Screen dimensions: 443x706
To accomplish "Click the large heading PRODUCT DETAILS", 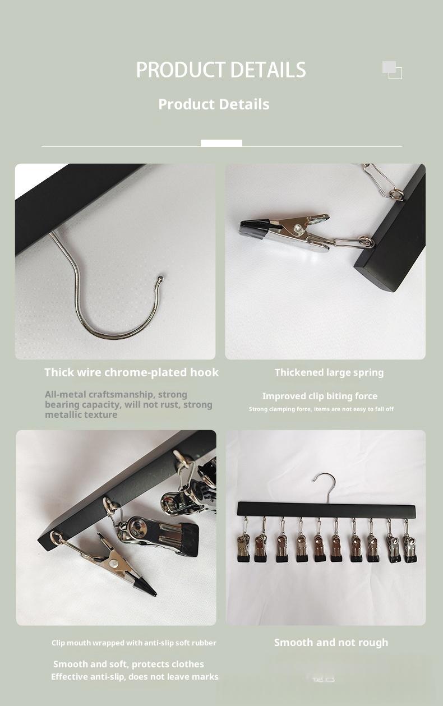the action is tap(221, 70).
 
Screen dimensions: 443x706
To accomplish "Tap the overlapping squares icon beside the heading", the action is tap(392, 70).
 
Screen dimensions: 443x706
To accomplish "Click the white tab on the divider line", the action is tap(221, 143).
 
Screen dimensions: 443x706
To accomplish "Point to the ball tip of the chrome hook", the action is tap(161, 279).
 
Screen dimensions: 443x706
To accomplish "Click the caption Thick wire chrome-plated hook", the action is tap(131, 372).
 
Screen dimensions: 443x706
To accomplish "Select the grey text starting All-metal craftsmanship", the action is tap(128, 404).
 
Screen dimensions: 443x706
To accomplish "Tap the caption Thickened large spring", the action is tap(329, 372).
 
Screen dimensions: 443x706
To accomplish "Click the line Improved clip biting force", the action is tap(320, 396).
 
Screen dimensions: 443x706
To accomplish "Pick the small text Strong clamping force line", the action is tap(321, 409).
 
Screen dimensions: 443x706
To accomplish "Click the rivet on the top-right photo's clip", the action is tap(297, 227).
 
